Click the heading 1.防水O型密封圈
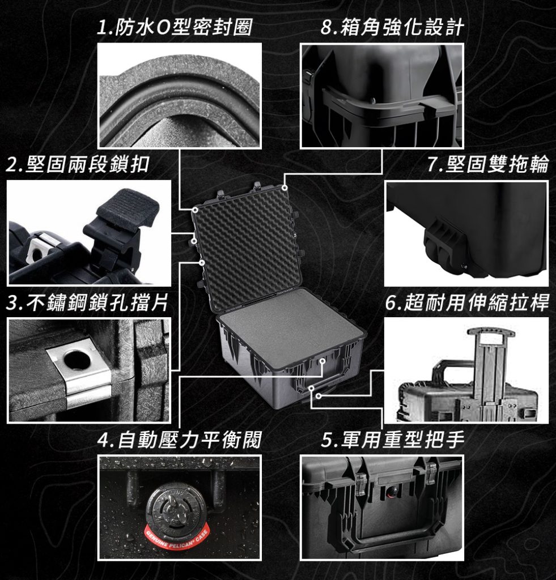coord(174,27)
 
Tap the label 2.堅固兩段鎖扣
coord(78,164)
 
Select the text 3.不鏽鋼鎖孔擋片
coord(87,303)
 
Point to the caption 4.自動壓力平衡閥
coord(179,439)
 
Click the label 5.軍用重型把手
coord(392,439)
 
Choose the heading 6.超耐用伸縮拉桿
coord(467,303)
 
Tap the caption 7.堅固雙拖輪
coord(488,164)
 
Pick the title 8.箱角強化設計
coord(392,27)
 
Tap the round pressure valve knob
coord(171,507)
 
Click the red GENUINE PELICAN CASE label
coord(177,538)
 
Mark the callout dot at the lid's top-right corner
coord(285,188)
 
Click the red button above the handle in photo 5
coord(391,492)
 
